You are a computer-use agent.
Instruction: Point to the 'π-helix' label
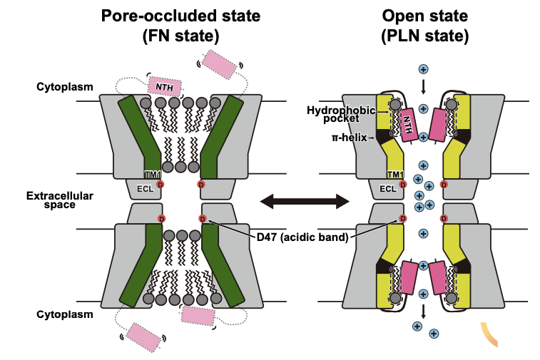(348, 137)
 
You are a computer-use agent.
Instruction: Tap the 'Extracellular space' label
(50, 199)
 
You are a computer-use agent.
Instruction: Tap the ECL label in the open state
(387, 189)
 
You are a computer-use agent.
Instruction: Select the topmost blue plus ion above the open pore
(423, 69)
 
